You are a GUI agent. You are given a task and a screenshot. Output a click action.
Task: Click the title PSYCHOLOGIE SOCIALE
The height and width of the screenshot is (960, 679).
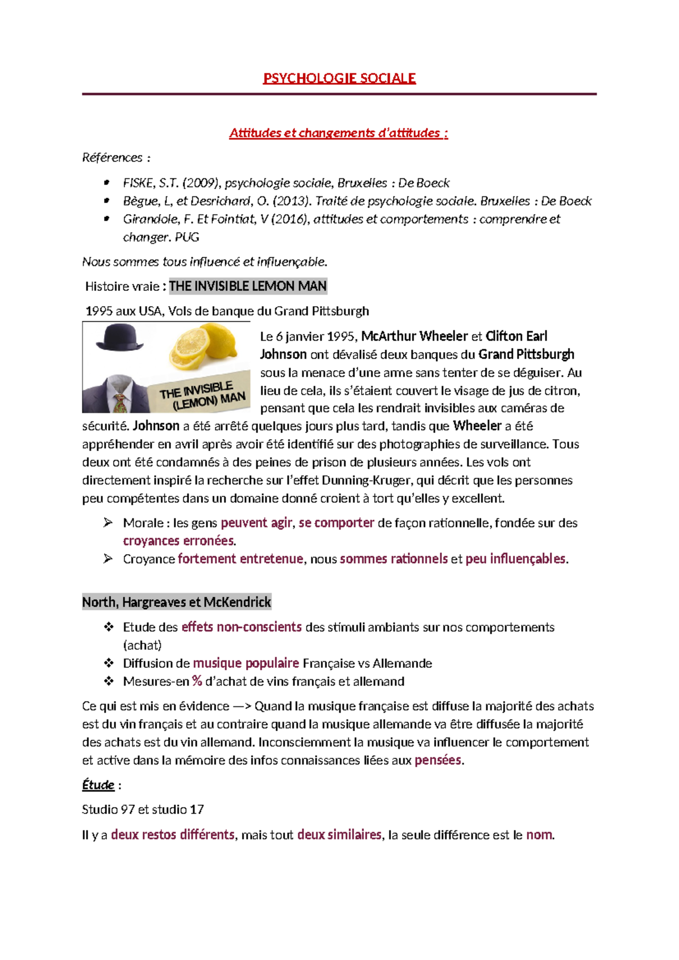[x=339, y=78]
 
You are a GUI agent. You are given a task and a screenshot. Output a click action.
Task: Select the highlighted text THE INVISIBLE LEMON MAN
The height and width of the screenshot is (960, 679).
[x=248, y=286]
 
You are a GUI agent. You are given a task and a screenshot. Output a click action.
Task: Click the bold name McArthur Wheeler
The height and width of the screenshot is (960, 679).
[x=414, y=336]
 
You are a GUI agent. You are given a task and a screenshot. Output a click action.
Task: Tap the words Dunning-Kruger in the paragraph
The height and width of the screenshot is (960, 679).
[x=368, y=481]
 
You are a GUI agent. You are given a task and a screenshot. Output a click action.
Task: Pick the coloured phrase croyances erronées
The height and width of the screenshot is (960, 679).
[x=178, y=541]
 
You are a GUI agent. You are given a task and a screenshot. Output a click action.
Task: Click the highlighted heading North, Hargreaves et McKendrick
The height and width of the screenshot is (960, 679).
[x=177, y=602]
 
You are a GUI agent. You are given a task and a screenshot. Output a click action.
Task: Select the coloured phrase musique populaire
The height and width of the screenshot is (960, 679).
[x=246, y=663]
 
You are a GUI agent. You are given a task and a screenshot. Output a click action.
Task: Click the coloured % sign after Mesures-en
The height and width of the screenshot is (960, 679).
[x=197, y=682]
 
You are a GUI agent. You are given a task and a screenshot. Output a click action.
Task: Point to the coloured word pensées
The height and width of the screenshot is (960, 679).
[x=438, y=761]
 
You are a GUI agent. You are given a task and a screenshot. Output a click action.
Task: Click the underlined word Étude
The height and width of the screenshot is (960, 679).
[x=98, y=785]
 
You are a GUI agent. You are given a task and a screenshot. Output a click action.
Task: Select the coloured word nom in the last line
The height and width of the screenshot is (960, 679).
[x=539, y=835]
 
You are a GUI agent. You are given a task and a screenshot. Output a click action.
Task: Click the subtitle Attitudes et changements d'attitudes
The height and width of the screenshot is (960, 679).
[x=338, y=133]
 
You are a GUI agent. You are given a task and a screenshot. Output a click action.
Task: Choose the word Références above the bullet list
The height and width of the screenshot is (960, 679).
[x=112, y=158]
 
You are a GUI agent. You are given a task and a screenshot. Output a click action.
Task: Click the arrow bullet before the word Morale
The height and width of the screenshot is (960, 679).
[x=108, y=523]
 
